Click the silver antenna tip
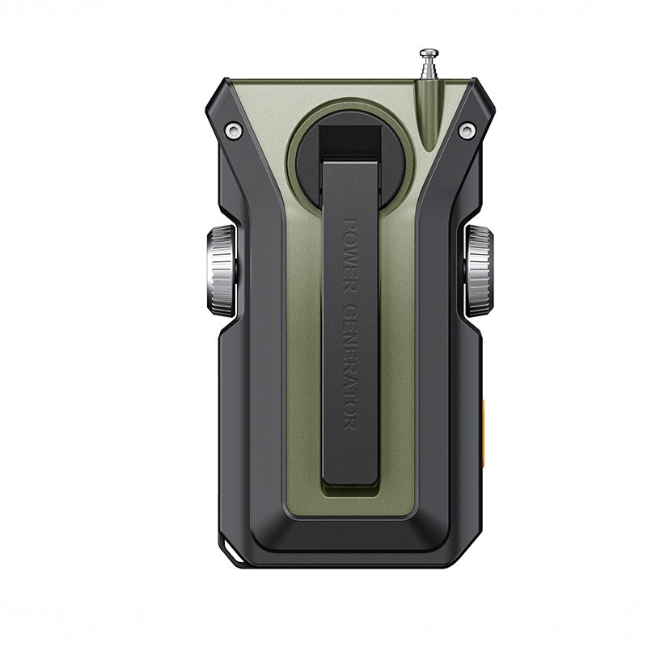click(x=429, y=53)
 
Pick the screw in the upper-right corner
click(x=467, y=130)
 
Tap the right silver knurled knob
click(x=479, y=272)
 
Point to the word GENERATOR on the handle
click(x=350, y=368)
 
